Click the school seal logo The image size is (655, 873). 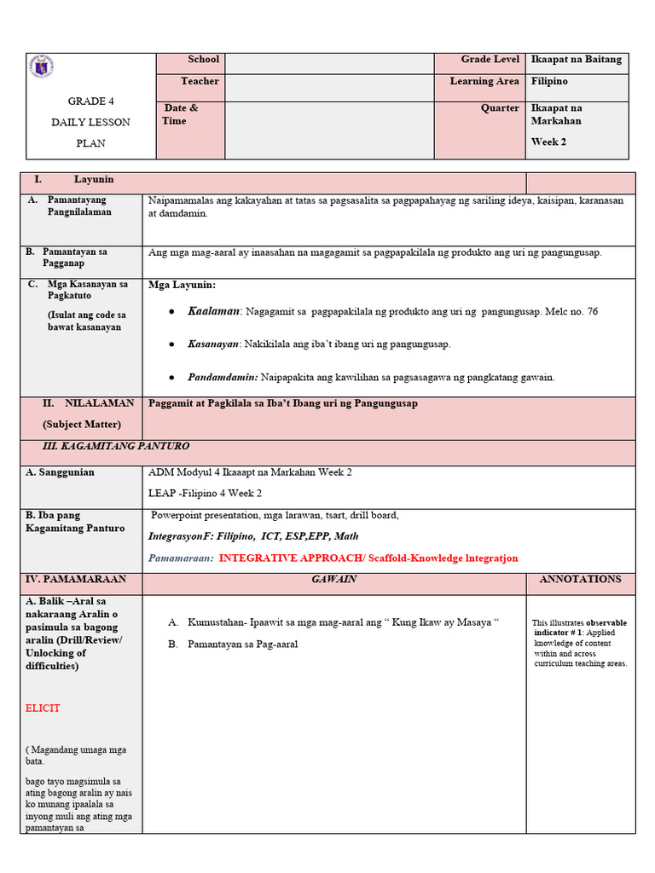[41, 67]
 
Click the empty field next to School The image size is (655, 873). [329, 64]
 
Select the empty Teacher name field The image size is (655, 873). [329, 88]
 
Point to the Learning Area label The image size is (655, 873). [484, 82]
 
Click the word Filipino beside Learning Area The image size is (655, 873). [549, 82]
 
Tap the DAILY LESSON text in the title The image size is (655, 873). [91, 122]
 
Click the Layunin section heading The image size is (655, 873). [94, 180]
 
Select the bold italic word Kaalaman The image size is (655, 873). [215, 312]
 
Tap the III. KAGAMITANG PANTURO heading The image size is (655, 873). [116, 447]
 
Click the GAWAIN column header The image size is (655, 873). [334, 580]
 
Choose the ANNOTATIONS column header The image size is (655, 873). [580, 580]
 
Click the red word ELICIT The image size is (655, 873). [43, 708]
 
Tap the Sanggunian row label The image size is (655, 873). [60, 472]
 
